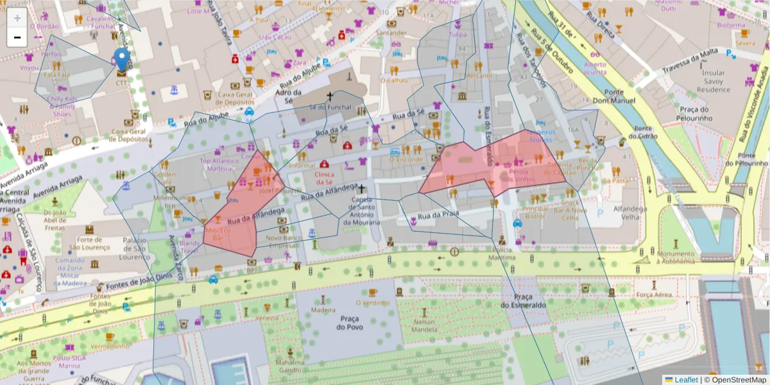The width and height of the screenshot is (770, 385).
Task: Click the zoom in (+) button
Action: pos(17,18)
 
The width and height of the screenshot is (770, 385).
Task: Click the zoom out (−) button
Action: pos(17,37)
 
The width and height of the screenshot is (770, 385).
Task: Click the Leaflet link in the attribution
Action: pos(685,380)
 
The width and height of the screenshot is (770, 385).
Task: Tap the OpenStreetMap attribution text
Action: pos(738,380)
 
